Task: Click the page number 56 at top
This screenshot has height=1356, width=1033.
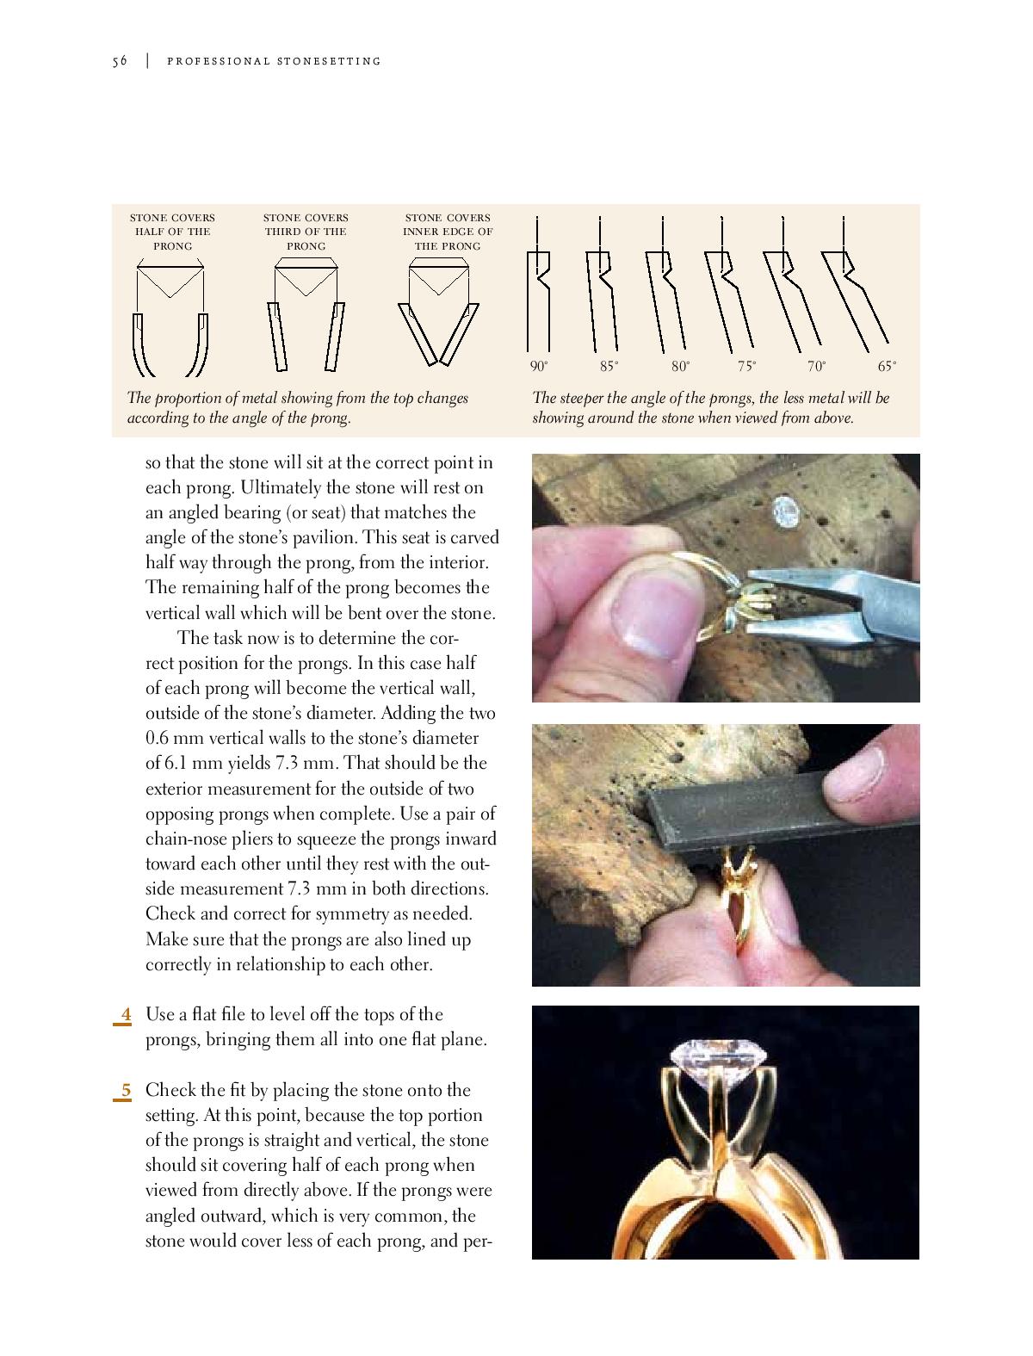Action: point(120,61)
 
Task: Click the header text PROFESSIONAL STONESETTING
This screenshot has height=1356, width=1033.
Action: point(274,61)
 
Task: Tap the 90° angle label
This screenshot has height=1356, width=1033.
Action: point(539,367)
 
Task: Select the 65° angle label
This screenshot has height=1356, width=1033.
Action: point(887,367)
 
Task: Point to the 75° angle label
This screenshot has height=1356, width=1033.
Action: point(746,367)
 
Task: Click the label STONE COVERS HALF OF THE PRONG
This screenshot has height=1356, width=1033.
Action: point(172,232)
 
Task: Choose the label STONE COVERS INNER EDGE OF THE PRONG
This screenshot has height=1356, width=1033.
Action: point(448,232)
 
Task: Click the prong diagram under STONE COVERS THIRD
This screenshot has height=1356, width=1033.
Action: point(306,319)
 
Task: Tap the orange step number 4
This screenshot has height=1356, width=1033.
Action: point(126,1014)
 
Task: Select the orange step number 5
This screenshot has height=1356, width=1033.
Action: point(126,1090)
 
